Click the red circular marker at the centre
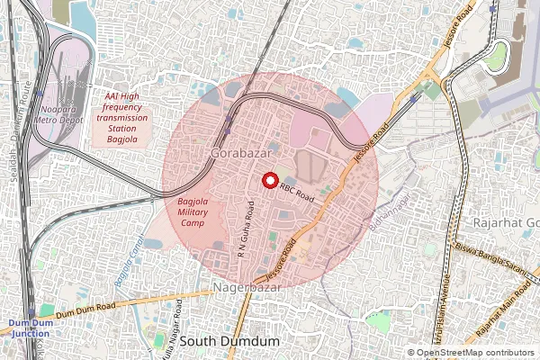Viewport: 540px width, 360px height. (268, 180)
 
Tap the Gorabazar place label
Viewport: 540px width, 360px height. (238, 155)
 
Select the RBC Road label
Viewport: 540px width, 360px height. (296, 190)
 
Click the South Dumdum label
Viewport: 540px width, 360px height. (229, 343)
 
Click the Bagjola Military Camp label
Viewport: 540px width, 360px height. (192, 211)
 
